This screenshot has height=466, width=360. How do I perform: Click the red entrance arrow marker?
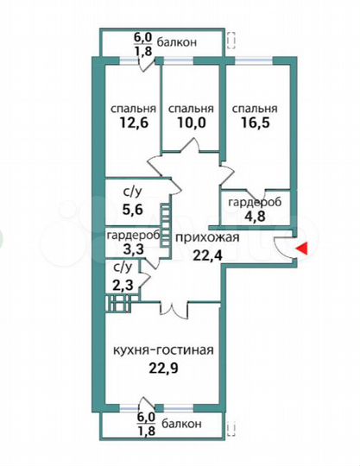click(301, 249)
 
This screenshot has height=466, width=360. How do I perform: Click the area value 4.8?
click(252, 217)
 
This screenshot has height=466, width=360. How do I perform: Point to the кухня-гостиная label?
click(163, 350)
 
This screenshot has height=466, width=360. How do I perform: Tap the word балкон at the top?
click(178, 41)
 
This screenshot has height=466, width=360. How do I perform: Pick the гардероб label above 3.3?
click(132, 235)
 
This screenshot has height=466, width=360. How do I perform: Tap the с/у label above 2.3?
click(123, 268)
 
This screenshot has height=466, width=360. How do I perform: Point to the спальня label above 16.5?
click(255, 110)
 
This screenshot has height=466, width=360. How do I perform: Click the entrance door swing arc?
click(282, 245)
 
